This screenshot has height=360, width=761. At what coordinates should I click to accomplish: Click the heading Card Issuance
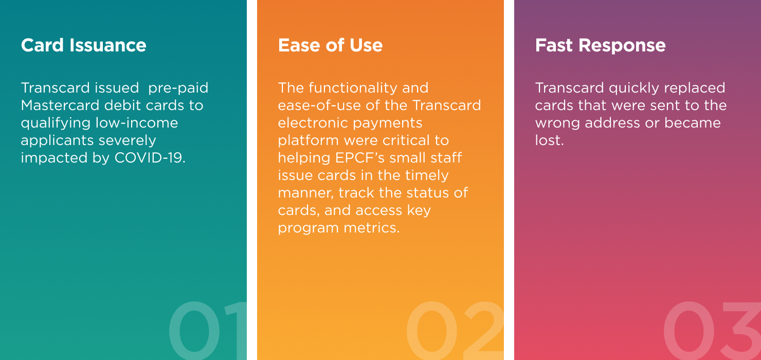(84, 45)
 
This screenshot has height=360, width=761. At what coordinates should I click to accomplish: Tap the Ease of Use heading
(330, 45)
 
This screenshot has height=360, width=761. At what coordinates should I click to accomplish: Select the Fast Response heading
(600, 45)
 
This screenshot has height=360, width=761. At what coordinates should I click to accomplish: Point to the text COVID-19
(150, 158)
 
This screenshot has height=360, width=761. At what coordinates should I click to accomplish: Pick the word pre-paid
(178, 88)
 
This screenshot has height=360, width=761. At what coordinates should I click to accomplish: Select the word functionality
(353, 88)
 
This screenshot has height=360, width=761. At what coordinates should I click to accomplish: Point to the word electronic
(313, 123)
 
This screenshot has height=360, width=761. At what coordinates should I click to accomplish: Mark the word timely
(427, 175)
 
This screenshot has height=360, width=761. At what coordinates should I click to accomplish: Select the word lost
(549, 140)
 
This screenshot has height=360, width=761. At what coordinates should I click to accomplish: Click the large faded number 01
(208, 330)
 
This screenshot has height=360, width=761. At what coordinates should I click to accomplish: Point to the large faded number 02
(455, 330)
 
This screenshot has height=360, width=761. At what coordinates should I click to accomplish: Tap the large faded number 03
(712, 330)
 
